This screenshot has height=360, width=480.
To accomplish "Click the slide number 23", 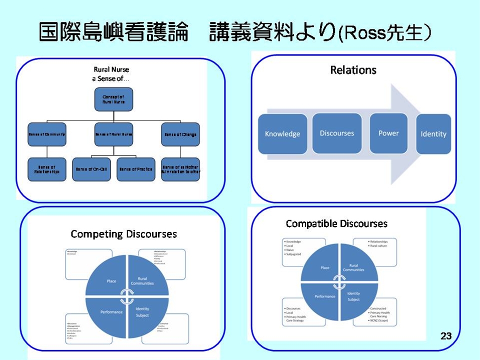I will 446,336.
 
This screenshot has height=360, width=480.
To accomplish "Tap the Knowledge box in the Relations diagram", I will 282,133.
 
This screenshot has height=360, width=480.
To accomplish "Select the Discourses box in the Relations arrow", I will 337,133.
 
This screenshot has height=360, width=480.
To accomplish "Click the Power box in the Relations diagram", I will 388,133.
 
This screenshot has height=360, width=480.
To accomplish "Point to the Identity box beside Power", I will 433,134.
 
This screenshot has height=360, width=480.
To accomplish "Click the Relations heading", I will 353,70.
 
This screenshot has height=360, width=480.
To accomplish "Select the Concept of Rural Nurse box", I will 113,99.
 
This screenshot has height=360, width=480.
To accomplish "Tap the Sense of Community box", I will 47,134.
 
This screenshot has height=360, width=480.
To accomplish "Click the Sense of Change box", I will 180,134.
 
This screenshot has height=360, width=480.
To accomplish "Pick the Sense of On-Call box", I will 91,169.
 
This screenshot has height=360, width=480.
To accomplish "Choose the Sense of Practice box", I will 135,169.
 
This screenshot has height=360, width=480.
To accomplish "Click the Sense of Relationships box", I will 47,169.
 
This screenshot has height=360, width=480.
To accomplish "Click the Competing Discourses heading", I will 123,234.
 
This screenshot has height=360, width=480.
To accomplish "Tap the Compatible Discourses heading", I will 336,223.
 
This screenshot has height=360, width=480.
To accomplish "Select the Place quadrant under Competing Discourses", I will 111,281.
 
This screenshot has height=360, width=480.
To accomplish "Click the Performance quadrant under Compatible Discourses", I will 324,296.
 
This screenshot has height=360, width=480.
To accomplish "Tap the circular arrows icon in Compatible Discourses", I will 339,281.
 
